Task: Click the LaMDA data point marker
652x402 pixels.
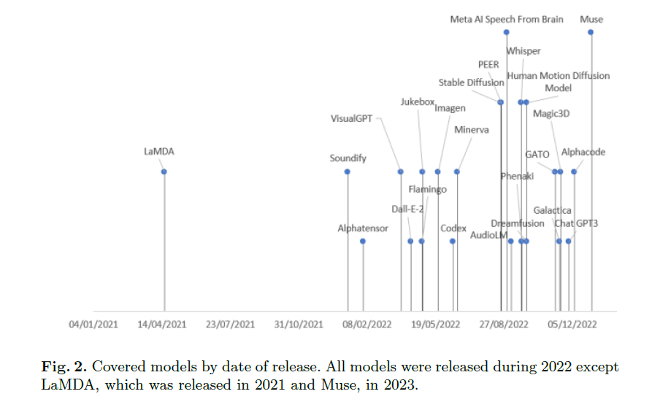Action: tap(164, 171)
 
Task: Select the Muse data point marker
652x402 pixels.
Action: tap(591, 32)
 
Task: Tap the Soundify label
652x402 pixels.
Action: tap(348, 158)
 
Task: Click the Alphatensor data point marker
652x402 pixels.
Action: tap(363, 241)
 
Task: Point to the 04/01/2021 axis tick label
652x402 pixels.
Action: tap(93, 324)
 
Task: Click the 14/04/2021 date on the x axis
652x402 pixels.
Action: tap(161, 324)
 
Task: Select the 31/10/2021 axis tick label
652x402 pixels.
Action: tap(299, 324)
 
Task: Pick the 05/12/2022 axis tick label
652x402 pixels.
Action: tap(573, 324)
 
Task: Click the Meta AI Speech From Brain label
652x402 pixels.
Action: tap(507, 20)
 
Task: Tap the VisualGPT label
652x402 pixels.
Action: tap(353, 118)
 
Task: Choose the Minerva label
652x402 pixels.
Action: tap(472, 130)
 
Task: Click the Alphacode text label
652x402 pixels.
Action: tap(583, 152)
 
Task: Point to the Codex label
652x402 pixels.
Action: tap(453, 228)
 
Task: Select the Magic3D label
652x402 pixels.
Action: tap(551, 113)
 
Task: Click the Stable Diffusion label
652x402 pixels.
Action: tap(471, 82)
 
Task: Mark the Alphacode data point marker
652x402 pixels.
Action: tap(574, 171)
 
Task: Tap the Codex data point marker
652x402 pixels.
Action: tap(453, 241)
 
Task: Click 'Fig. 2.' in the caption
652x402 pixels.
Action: tap(64, 366)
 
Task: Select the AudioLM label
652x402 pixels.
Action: tap(489, 235)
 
